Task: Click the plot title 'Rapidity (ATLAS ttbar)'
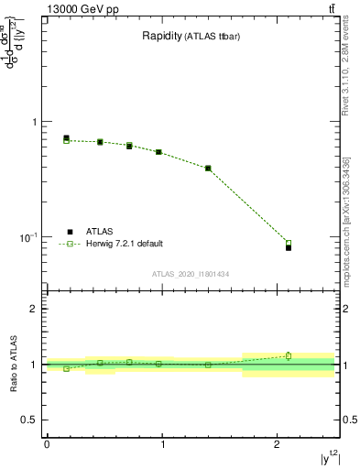coord(191,37)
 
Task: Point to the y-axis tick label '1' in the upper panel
coord(33,122)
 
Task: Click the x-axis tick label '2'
coord(277,444)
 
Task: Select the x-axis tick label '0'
coord(47,444)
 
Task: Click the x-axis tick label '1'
coord(162,444)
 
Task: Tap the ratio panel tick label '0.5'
coord(28,420)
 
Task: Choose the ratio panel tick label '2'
coord(33,309)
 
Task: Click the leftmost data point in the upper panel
coord(66,139)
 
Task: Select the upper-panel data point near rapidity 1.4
coord(208,169)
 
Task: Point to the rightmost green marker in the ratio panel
coord(289,355)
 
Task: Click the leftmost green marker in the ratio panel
coord(66,368)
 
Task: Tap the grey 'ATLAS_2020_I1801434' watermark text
coord(191,273)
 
